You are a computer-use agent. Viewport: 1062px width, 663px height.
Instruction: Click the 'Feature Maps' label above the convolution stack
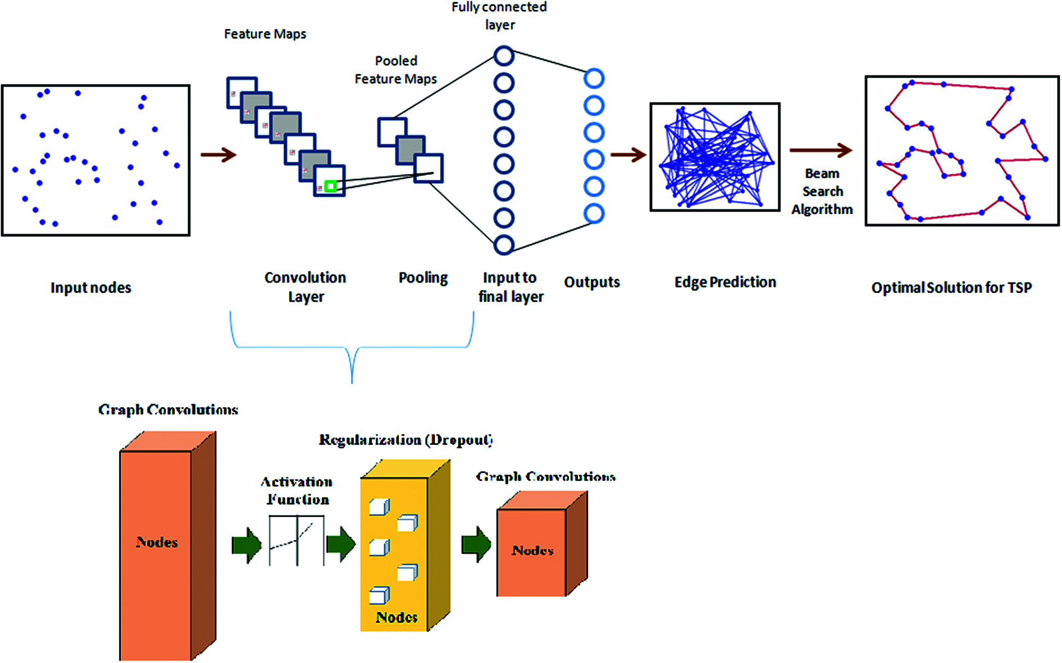[265, 34]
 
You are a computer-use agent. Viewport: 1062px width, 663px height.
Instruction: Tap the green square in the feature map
[330, 186]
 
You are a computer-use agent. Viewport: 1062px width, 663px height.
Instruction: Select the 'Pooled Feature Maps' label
[396, 70]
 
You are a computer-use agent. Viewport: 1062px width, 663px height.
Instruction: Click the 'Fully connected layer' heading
[499, 15]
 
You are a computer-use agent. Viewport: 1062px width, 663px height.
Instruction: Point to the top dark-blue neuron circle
[504, 56]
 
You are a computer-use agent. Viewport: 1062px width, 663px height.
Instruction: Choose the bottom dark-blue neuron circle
[504, 245]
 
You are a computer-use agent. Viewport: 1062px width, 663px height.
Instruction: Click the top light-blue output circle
[594, 79]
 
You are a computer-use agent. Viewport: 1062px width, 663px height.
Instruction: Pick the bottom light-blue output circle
[594, 214]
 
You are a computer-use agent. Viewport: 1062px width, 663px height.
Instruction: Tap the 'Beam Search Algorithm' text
[822, 191]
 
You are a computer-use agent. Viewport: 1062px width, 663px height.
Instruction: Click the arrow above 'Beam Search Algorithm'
[821, 150]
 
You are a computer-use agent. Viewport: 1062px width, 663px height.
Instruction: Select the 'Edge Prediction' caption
[725, 282]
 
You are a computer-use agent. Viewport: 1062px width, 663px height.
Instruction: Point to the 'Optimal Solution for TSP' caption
[952, 288]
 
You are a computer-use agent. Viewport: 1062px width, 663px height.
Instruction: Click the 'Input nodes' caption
[91, 288]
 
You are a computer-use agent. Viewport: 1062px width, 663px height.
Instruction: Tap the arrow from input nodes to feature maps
[218, 155]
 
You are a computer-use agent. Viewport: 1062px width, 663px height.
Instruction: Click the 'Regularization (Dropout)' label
[406, 440]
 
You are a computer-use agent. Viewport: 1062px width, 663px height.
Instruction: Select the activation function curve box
[297, 541]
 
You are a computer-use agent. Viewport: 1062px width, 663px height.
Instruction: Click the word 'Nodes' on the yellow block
[397, 617]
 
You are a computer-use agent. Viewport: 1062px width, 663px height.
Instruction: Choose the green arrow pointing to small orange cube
[477, 544]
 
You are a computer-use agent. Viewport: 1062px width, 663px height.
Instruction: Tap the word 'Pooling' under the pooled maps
[423, 278]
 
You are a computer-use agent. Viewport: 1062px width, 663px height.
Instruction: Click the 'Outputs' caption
[592, 282]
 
